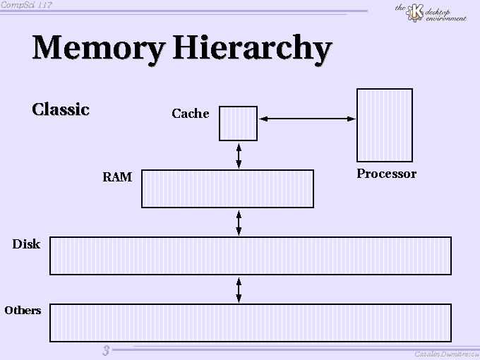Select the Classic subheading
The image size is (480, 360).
point(61,109)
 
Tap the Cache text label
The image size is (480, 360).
point(191,114)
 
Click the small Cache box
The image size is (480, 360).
point(239,124)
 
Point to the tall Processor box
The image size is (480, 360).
point(385,125)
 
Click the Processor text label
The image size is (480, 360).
point(386,174)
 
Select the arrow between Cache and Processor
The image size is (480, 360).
point(307,119)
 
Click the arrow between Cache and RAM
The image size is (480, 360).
point(239,155)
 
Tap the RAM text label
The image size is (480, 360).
point(117,177)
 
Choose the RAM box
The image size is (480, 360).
point(227,188)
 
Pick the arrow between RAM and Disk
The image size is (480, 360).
point(239,222)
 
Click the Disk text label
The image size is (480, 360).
point(26,244)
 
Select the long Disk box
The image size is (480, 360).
point(251,256)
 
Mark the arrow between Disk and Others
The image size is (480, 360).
point(239,289)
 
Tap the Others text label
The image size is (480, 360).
point(23,311)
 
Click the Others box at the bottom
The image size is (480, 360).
point(251,323)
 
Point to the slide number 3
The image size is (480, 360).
point(106,351)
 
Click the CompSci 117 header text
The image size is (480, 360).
point(26,5)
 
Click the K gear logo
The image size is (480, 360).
point(416,13)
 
